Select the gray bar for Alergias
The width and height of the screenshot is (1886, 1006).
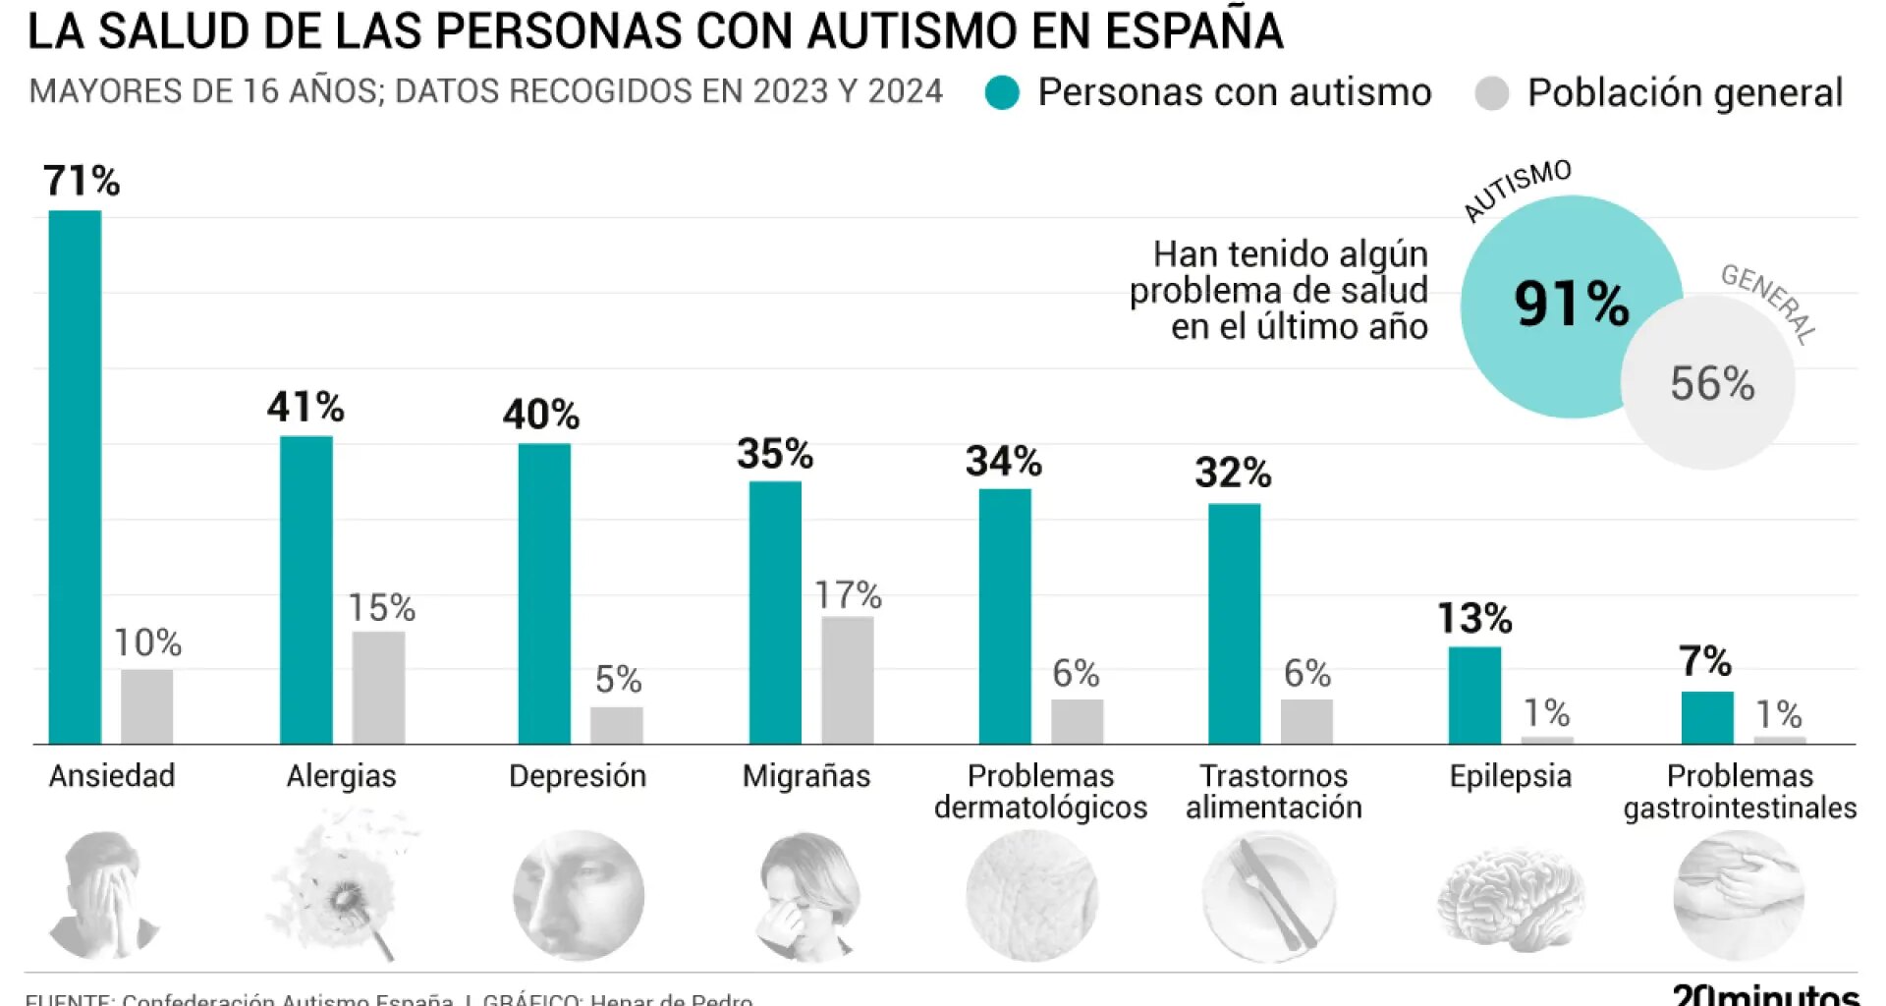pyautogui.click(x=378, y=687)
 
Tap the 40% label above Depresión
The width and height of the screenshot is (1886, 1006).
pyautogui.click(x=541, y=415)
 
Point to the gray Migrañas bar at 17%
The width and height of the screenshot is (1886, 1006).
pyautogui.click(x=847, y=680)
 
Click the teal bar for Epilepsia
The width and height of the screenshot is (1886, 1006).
pyautogui.click(x=1474, y=695)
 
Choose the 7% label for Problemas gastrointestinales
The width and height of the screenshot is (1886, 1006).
pyautogui.click(x=1705, y=661)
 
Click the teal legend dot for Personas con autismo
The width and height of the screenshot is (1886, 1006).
pyautogui.click(x=1002, y=92)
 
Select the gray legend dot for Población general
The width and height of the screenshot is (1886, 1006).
pyautogui.click(x=1491, y=93)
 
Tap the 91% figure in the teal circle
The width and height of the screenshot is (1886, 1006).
pyautogui.click(x=1572, y=303)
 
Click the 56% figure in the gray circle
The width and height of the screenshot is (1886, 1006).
pyautogui.click(x=1712, y=383)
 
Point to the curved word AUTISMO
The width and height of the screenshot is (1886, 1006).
pyautogui.click(x=1517, y=189)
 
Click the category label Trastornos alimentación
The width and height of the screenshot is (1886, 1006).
pyautogui.click(x=1273, y=791)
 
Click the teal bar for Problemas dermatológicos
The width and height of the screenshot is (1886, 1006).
pyautogui.click(x=1004, y=616)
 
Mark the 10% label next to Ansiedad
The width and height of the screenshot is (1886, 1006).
pyautogui.click(x=147, y=643)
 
